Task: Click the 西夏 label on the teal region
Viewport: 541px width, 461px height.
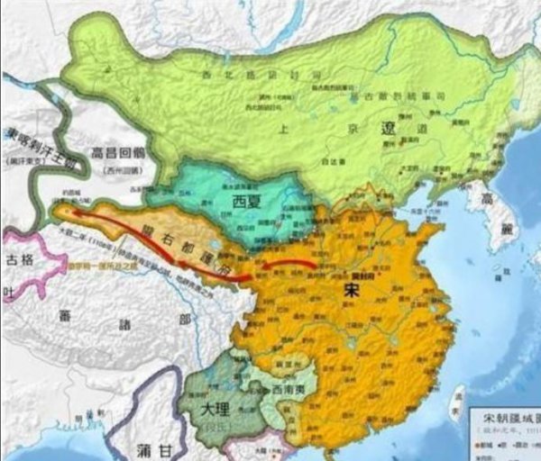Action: point(245,200)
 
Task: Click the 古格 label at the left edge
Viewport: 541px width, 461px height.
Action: point(21,261)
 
